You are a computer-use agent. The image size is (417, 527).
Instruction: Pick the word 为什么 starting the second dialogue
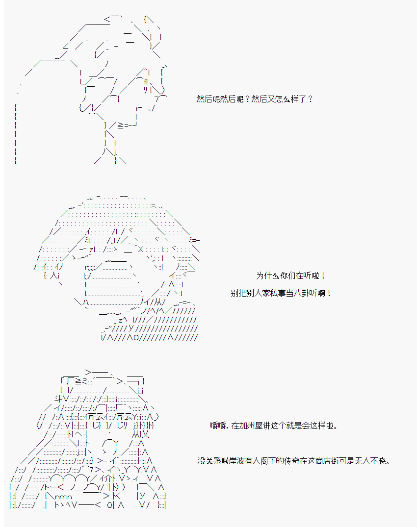(268, 276)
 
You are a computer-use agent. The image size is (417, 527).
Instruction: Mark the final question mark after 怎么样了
(310, 99)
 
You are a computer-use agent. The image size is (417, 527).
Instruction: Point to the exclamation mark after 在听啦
(323, 276)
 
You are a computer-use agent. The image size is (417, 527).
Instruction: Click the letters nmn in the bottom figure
(64, 497)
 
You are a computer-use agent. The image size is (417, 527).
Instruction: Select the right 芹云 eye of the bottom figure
(125, 416)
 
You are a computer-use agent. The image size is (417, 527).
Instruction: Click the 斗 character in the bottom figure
(58, 399)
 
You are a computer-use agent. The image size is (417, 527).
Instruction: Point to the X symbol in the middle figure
(141, 249)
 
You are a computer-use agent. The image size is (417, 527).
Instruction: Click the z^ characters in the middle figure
(123, 320)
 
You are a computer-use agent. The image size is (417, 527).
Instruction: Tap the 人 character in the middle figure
(54, 276)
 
